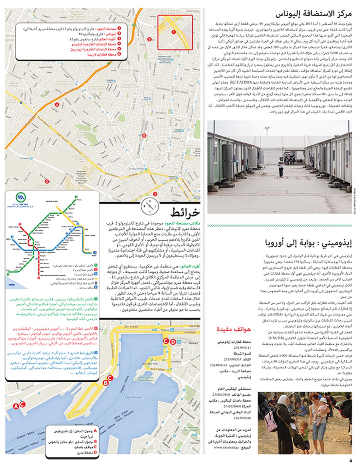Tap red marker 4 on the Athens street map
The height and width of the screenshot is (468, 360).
coord(57,105)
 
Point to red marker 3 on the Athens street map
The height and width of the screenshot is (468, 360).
coord(155,194)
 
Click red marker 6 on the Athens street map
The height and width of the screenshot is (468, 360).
coord(144,136)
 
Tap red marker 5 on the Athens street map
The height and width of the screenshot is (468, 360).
coord(149,39)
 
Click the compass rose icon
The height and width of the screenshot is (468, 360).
coord(150,206)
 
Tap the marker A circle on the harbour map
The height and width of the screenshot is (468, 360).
coord(15,406)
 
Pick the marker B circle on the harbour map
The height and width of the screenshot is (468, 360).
coord(105,382)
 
